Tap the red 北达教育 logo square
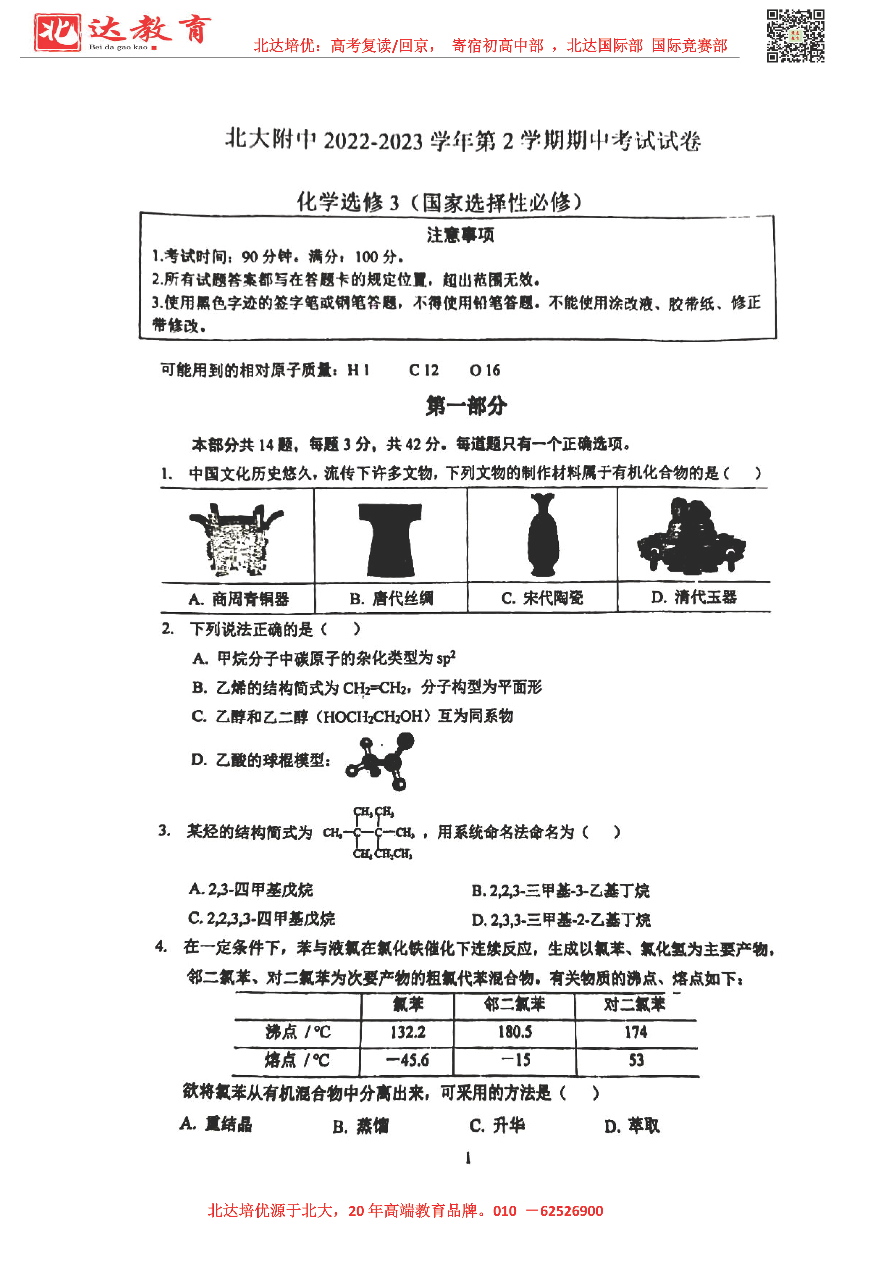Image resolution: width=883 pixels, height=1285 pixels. click(57, 32)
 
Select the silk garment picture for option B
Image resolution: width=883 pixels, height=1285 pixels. click(390, 539)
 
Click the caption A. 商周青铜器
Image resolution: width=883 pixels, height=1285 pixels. click(239, 599)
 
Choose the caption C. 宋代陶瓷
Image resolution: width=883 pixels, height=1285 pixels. click(542, 598)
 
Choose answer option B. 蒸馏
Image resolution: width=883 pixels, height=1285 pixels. click(361, 1126)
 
